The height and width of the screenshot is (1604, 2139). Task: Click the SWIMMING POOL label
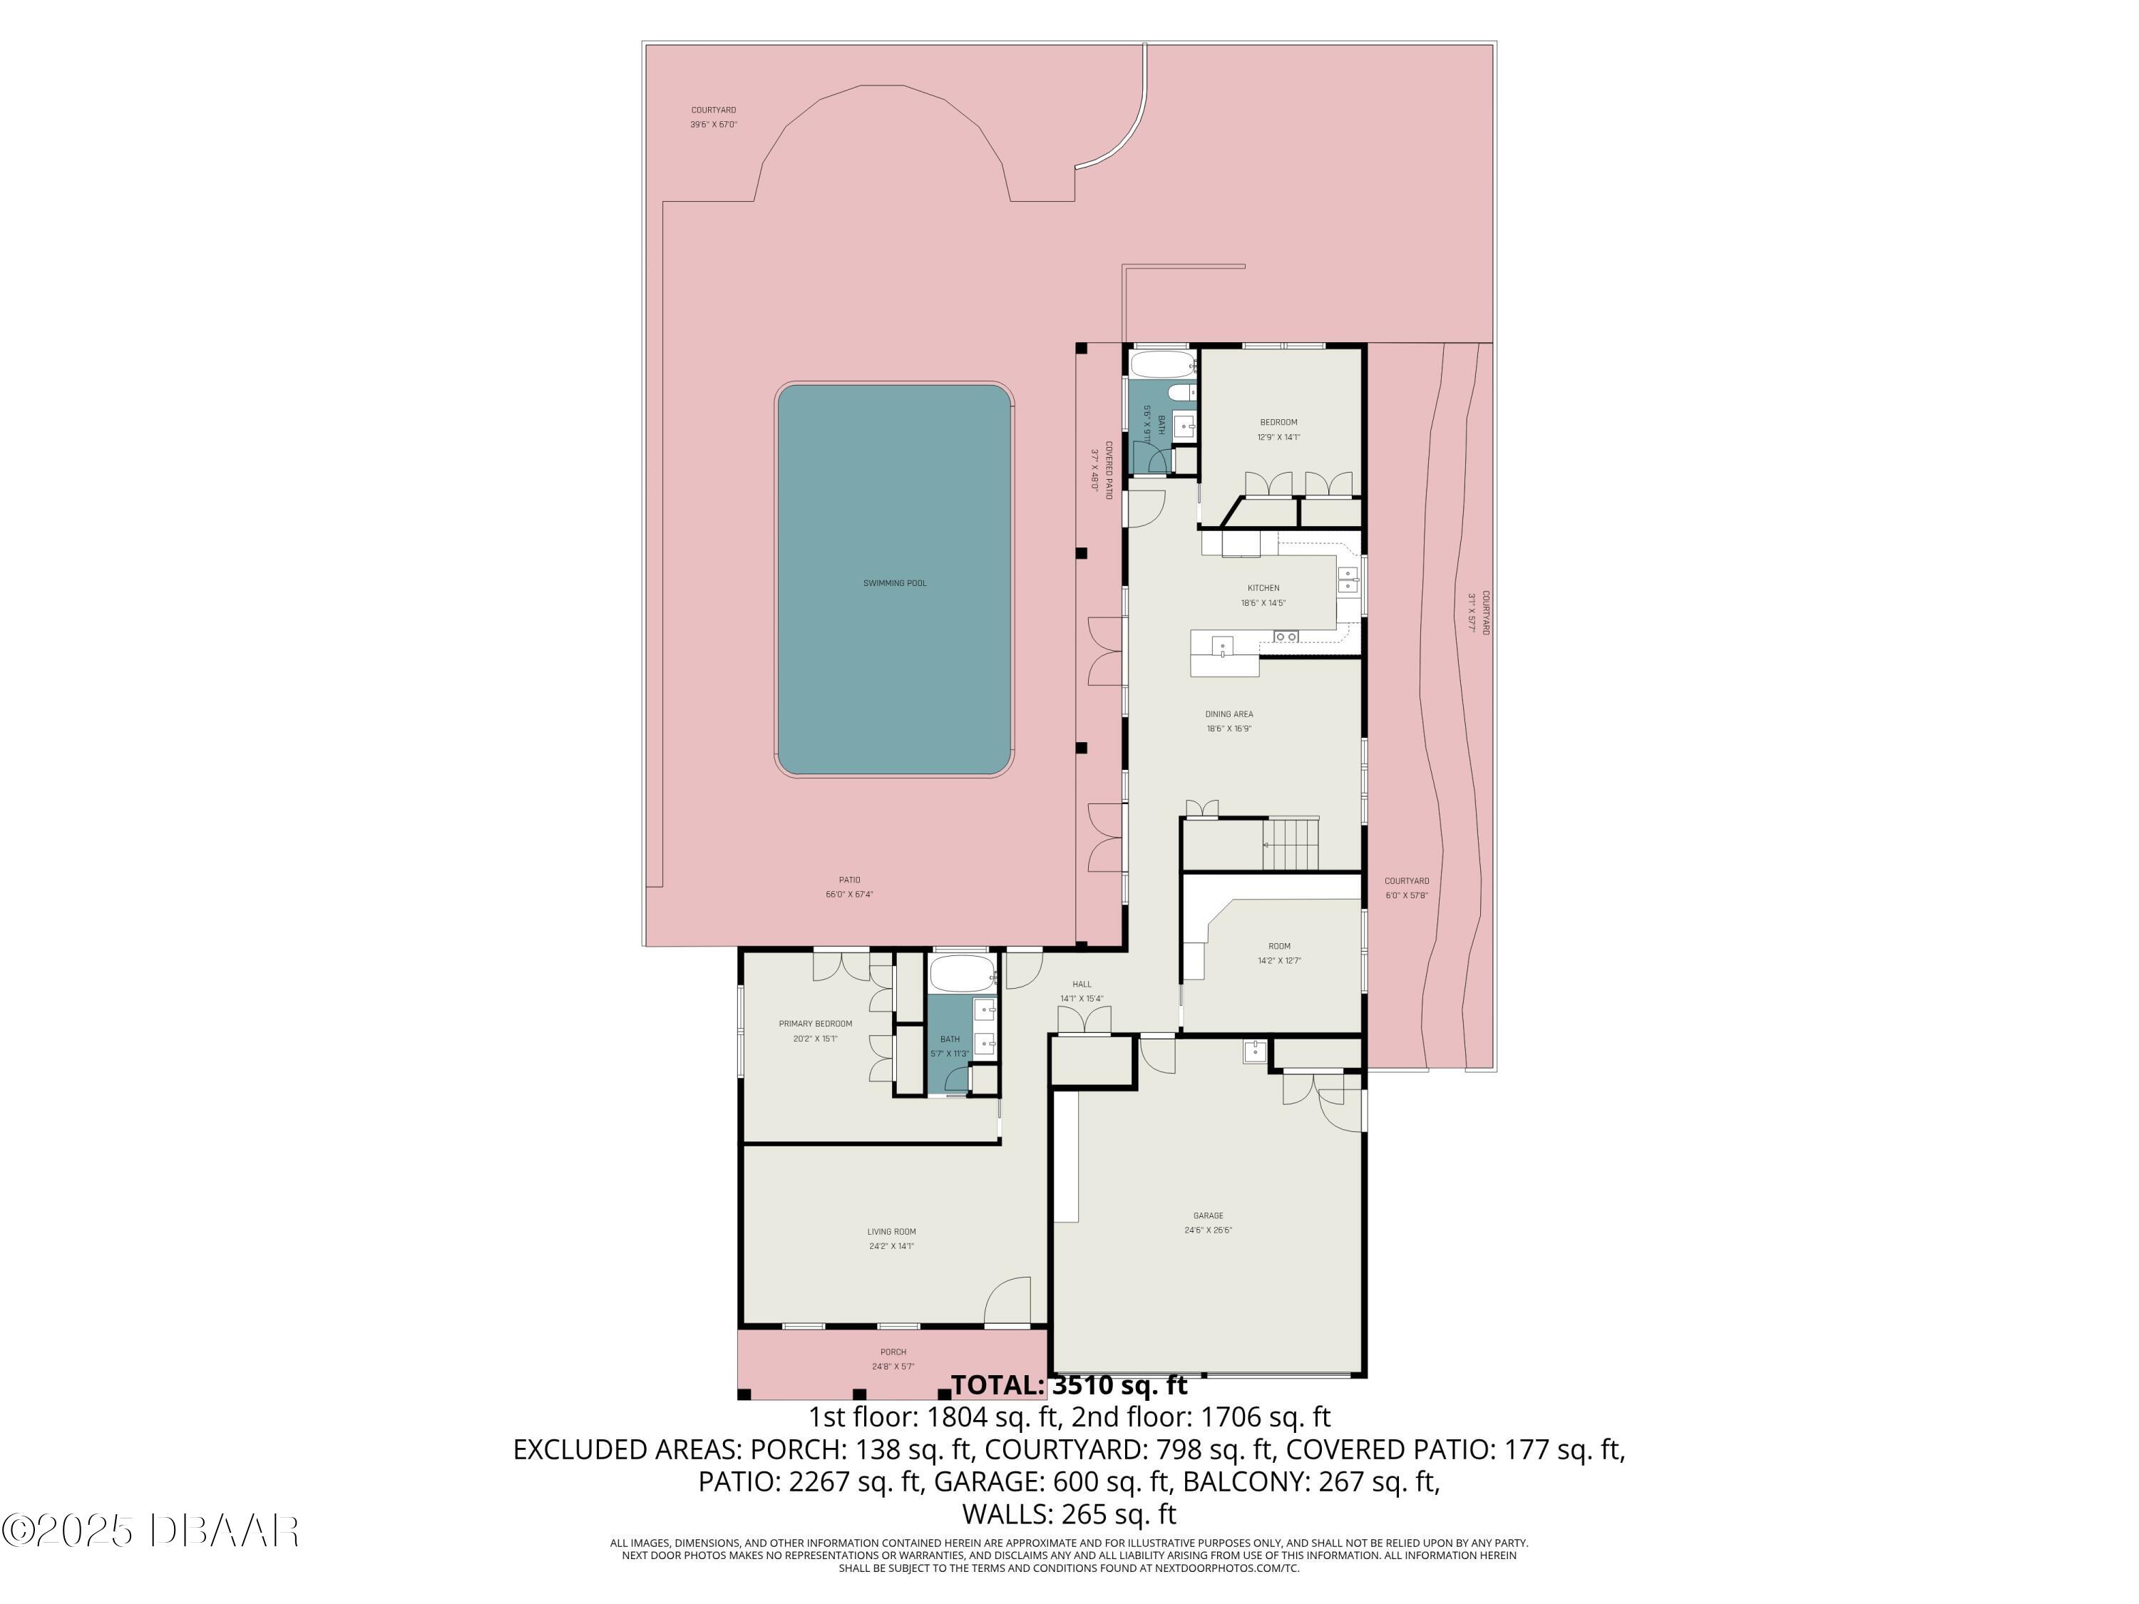(x=895, y=583)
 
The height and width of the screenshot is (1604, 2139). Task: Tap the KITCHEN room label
(x=1263, y=588)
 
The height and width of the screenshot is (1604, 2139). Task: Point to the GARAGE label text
(x=1208, y=1215)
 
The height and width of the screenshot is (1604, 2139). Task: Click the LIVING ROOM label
(x=891, y=1232)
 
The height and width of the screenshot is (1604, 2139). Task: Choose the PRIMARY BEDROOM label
(x=815, y=1024)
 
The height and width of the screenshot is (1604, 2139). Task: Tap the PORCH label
(x=893, y=1352)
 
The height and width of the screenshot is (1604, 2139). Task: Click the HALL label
(x=1081, y=984)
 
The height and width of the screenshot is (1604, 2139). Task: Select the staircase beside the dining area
(x=1291, y=843)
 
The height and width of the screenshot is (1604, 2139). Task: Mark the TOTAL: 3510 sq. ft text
(x=1069, y=1385)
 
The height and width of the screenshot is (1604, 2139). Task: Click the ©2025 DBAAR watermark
(x=150, y=1531)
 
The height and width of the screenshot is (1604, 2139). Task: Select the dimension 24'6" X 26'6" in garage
(x=1208, y=1230)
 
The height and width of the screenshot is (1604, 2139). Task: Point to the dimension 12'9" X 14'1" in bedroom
(x=1278, y=437)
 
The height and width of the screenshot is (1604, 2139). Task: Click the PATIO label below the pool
(x=849, y=880)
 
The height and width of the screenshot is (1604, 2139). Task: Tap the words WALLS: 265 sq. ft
(x=1069, y=1513)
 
